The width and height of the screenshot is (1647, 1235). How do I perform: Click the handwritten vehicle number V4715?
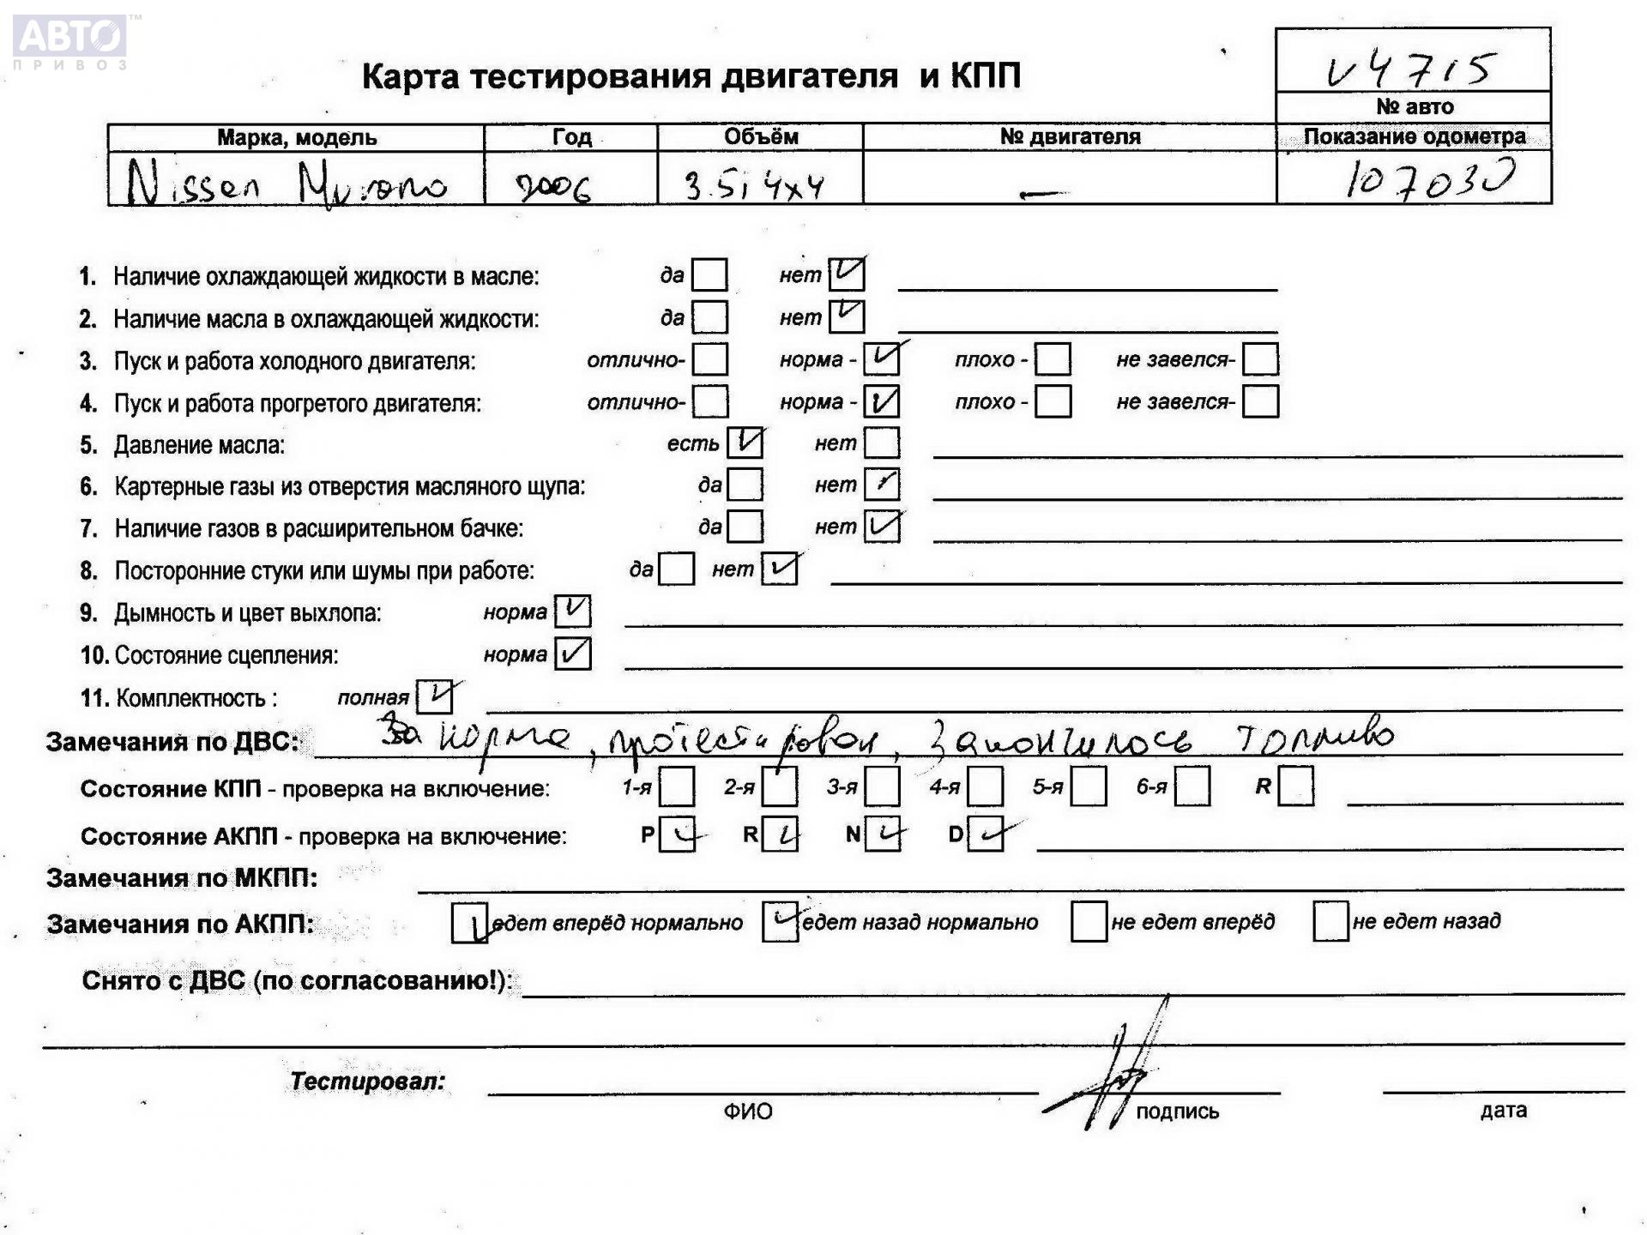click(1411, 69)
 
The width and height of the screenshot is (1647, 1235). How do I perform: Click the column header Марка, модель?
click(296, 137)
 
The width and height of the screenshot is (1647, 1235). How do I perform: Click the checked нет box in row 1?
click(847, 274)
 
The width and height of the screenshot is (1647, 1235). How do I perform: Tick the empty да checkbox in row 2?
click(709, 317)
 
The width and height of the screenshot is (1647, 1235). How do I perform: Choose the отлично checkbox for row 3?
click(709, 359)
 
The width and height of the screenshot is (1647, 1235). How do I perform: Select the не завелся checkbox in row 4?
click(1260, 401)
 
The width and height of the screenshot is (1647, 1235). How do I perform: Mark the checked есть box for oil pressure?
click(745, 443)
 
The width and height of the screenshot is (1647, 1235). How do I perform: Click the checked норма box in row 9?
click(572, 611)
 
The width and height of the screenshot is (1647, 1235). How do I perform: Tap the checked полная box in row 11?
click(434, 696)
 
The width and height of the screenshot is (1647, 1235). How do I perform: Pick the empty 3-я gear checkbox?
click(882, 786)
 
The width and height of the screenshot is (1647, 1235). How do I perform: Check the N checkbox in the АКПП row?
click(883, 834)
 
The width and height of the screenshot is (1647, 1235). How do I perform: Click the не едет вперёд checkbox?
click(1089, 922)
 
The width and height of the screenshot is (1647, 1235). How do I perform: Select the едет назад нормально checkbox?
click(780, 922)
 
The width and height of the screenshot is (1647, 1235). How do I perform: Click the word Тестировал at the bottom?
click(368, 1081)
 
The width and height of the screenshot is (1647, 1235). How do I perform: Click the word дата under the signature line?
click(1503, 1111)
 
